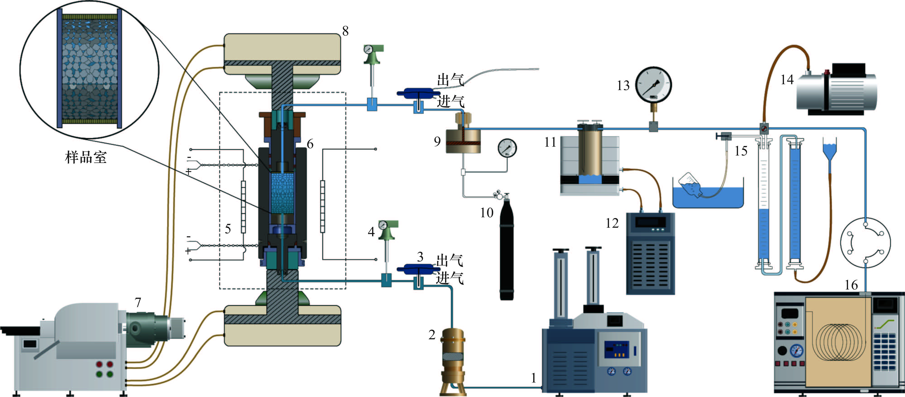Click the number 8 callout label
coord(345,31)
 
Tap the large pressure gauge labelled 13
coord(654,85)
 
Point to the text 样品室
coord(86,157)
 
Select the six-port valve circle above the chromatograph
coord(865,242)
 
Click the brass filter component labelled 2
coord(453,362)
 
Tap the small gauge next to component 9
coord(507,148)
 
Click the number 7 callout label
coord(138,302)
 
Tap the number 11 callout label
coord(550,142)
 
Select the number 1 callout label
coord(534,378)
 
